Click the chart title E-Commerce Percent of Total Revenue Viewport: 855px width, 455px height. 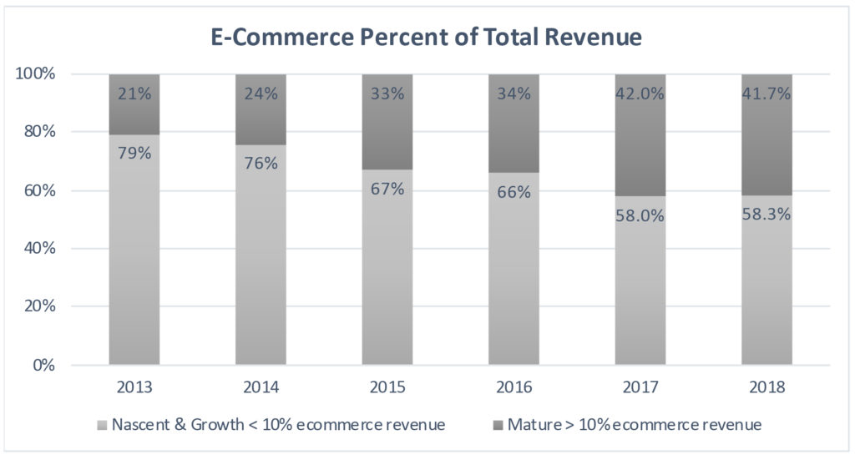coord(427,38)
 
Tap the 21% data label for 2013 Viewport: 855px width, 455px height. coord(134,94)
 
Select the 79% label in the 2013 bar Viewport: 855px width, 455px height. coord(134,154)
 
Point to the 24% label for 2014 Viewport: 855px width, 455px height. coord(261,94)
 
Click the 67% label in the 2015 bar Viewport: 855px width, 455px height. coord(387,189)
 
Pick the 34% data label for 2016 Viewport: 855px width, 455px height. coord(514,94)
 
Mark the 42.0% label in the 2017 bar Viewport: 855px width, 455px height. coord(640,94)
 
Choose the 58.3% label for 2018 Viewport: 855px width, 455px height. coord(766,215)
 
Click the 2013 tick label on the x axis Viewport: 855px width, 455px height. coord(134,388)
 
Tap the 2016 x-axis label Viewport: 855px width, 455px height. coord(514,388)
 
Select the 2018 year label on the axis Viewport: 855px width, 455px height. coord(766,388)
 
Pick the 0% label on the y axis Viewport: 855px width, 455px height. coord(44,366)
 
